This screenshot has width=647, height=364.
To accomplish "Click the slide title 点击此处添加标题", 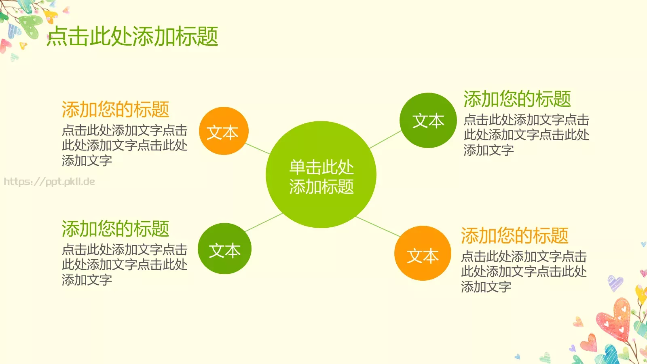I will click(133, 36).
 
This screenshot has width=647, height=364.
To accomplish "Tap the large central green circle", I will click(321, 175).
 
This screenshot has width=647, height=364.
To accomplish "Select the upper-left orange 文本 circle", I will click(224, 131).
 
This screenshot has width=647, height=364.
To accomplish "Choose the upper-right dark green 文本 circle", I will click(428, 121).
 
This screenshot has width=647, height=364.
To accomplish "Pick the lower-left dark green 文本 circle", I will click(224, 249).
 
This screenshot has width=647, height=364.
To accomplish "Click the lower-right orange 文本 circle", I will click(423, 254).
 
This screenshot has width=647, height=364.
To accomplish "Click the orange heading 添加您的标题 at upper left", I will click(115, 109).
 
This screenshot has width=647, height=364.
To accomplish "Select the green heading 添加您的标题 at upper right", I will click(517, 99).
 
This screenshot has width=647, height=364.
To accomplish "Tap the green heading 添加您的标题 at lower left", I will click(115, 229).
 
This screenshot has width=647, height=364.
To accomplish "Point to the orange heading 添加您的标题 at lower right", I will click(514, 235).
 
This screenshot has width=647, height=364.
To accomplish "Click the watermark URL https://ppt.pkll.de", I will click(49, 182).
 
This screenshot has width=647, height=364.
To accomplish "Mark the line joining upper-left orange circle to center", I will click(258, 148).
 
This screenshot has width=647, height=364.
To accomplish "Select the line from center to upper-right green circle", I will click(385, 140).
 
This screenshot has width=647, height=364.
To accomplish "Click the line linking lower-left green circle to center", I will click(264, 222).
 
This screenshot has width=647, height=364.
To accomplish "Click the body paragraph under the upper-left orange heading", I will click(125, 145).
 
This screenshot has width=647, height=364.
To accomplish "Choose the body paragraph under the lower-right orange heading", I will click(524, 271).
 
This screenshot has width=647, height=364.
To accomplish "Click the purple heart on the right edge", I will click(615, 283).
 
